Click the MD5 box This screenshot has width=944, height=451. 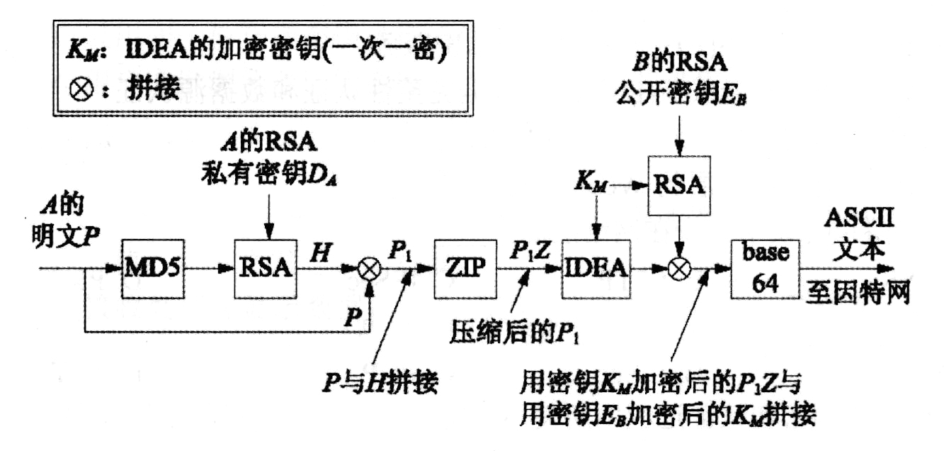coord(153,268)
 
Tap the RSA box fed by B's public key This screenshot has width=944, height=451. coord(678,184)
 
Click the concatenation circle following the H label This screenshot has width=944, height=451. coord(369,268)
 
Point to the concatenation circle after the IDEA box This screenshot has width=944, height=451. coord(678,268)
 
